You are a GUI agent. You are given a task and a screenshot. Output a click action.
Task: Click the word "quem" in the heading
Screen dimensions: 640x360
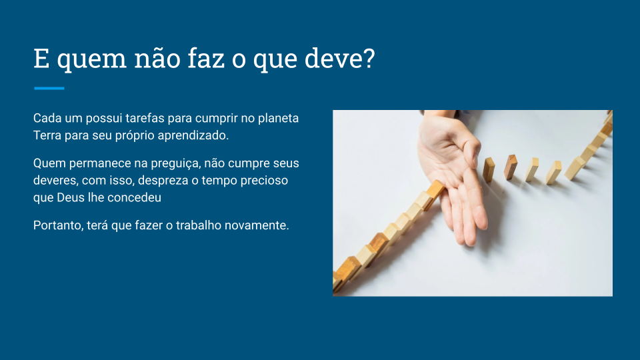coord(92,59)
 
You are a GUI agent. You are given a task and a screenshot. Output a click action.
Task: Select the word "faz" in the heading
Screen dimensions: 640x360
coord(206,58)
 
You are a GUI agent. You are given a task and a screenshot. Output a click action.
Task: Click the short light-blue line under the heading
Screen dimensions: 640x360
coord(49,88)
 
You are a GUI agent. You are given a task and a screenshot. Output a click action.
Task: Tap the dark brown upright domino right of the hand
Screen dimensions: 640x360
coord(510,167)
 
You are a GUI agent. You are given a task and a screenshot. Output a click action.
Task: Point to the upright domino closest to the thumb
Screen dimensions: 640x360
coord(489,170)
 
